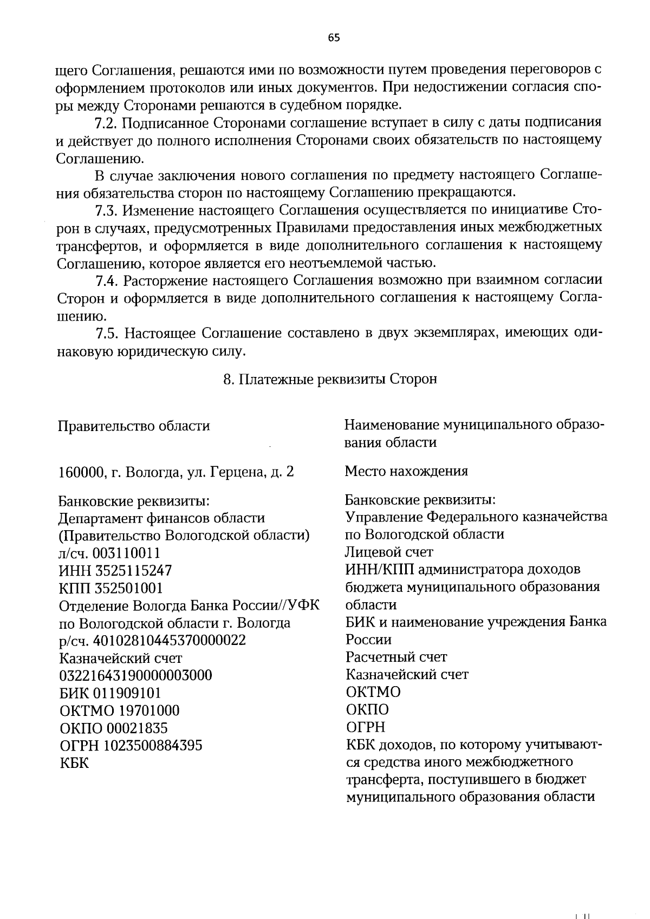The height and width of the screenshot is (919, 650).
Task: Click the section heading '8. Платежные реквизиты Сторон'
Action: click(330, 379)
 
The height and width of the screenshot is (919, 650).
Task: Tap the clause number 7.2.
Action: click(106, 123)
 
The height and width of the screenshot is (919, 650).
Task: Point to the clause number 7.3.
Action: click(106, 210)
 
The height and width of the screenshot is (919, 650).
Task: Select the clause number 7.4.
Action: click(106, 281)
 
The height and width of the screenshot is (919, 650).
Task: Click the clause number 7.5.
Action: click(106, 333)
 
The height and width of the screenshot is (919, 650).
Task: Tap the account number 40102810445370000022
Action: click(170, 641)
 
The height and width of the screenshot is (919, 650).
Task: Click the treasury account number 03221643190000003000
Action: click(135, 676)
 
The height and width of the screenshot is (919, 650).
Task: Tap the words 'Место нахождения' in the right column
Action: click(406, 471)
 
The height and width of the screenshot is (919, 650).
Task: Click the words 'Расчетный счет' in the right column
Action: click(396, 657)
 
